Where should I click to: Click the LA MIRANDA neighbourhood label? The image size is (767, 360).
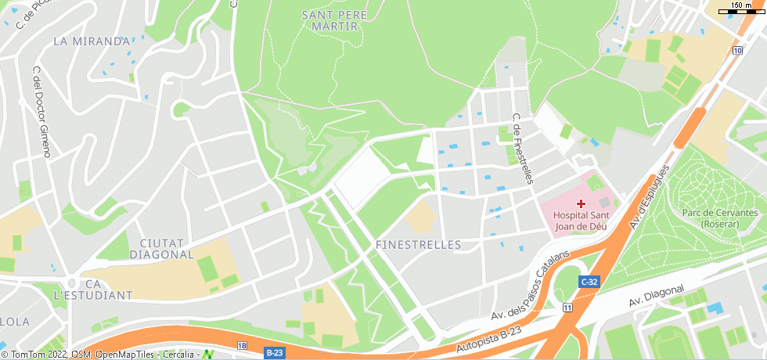pos(91,41)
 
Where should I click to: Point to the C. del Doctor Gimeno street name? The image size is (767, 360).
pos(41,112)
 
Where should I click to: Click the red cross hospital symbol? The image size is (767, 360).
pos(581,203)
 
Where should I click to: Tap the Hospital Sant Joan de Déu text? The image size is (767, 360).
pos(580,220)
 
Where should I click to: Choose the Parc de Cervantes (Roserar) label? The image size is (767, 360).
pos(719,218)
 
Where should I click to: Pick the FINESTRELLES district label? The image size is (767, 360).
pos(418,245)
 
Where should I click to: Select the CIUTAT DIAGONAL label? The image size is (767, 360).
pos(161,248)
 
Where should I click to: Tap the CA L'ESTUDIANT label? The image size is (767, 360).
pos(93,289)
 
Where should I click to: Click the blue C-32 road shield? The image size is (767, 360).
pos(589,282)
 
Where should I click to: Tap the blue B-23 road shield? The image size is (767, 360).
pos(274,353)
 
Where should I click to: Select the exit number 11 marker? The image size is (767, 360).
pos(567,308)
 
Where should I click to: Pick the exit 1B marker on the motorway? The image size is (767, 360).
pos(242,345)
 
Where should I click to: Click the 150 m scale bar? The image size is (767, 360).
pos(741,9)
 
